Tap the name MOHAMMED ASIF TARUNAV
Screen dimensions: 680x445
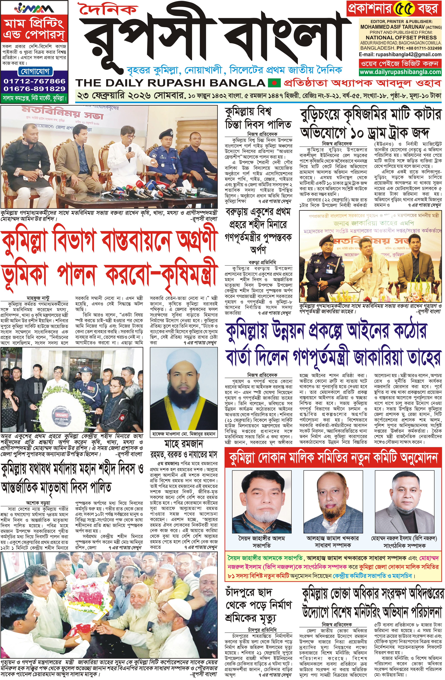396,27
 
